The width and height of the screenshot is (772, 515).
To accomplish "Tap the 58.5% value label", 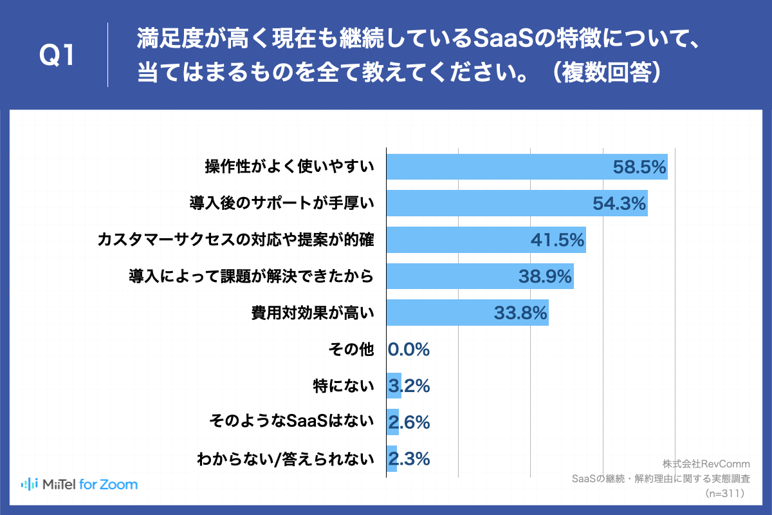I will [638, 167].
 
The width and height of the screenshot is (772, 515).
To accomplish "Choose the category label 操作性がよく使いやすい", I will [289, 167].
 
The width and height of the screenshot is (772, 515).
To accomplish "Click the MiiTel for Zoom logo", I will [79, 484].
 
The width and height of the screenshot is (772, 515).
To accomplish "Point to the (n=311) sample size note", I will [725, 493].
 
